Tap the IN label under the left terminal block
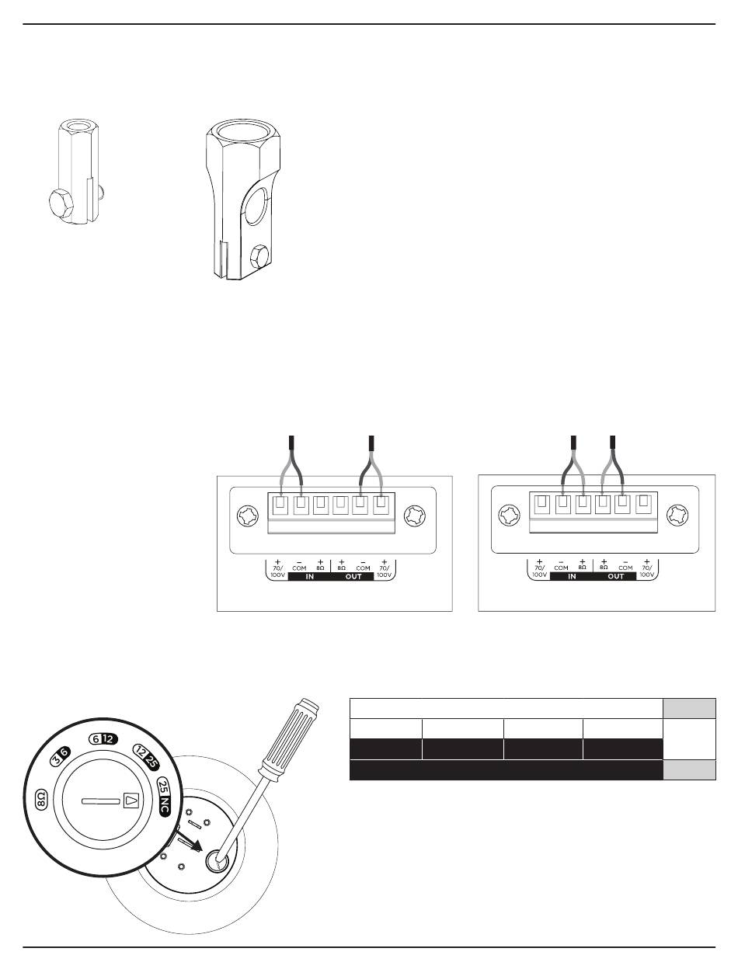coord(310,577)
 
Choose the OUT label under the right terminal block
coord(616,577)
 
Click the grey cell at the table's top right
coord(689,709)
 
